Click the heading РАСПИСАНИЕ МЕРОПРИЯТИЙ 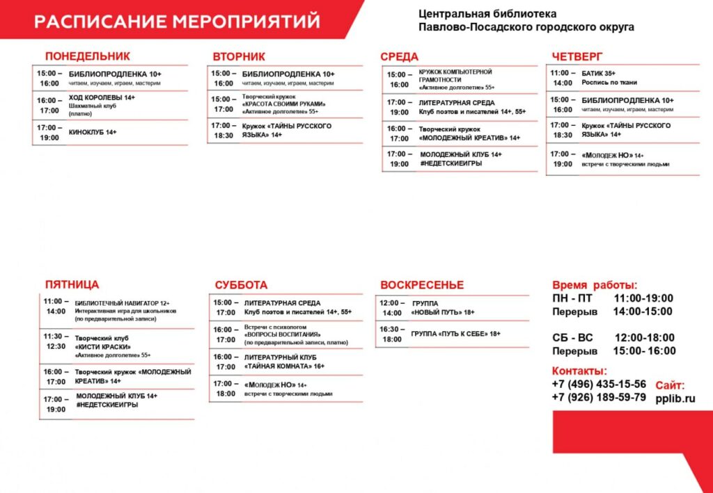pyautogui.click(x=177, y=22)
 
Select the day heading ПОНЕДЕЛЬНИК pyautogui.click(x=87, y=56)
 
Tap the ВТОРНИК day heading pyautogui.click(x=239, y=57)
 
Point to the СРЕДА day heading pyautogui.click(x=399, y=57)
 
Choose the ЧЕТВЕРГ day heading pyautogui.click(x=577, y=57)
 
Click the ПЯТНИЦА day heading pyautogui.click(x=72, y=284)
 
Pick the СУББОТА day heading pyautogui.click(x=241, y=285)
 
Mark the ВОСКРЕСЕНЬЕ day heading pyautogui.click(x=422, y=285)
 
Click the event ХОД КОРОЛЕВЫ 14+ pyautogui.click(x=102, y=98)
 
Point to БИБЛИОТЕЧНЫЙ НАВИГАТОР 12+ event pyautogui.click(x=122, y=303)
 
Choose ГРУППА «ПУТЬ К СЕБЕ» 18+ pyautogui.click(x=455, y=334)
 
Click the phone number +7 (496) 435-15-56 pyautogui.click(x=599, y=384)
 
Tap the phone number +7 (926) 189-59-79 pyautogui.click(x=599, y=398)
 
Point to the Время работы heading pyautogui.click(x=594, y=285)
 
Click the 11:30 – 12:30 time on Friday pyautogui.click(x=56, y=341)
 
